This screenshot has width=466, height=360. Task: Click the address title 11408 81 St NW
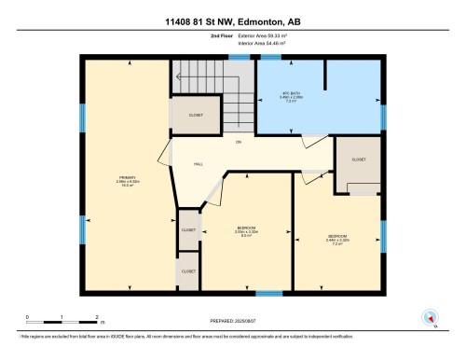click(x=232, y=21)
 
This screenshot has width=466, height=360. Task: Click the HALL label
click(x=199, y=164)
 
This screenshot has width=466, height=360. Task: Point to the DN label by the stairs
click(x=239, y=142)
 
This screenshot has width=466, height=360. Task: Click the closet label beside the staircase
click(x=196, y=116)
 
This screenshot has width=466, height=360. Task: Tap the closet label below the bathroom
click(x=359, y=159)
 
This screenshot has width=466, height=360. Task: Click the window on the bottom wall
click(x=269, y=293)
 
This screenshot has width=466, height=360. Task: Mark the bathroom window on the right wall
click(x=383, y=117)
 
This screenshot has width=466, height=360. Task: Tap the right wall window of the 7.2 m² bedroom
click(x=383, y=236)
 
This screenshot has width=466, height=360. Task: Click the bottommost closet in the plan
click(x=188, y=271)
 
